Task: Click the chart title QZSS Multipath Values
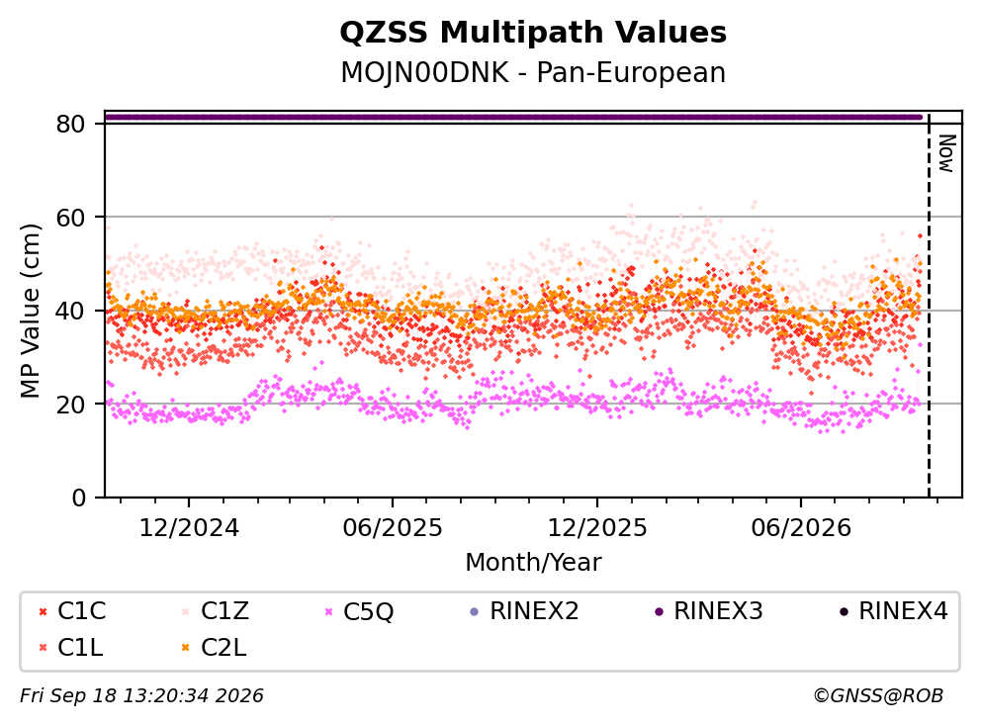click(x=533, y=33)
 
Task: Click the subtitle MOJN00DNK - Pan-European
click(x=533, y=72)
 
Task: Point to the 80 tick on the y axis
click(x=70, y=124)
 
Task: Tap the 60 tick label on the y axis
click(x=70, y=218)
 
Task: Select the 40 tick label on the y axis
click(x=70, y=311)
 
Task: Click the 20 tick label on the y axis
click(x=70, y=405)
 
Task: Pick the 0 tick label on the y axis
click(x=79, y=498)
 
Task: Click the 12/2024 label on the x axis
click(x=189, y=528)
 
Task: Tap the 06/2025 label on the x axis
click(x=393, y=528)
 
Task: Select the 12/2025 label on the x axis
click(x=597, y=528)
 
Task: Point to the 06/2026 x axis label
click(x=801, y=528)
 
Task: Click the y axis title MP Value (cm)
click(x=30, y=311)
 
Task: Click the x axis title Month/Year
click(x=533, y=562)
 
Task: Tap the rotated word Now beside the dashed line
click(x=946, y=154)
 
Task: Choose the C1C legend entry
click(x=72, y=611)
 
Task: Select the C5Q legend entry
click(x=359, y=611)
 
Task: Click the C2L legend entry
click(x=214, y=648)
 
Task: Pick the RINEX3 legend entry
click(x=709, y=611)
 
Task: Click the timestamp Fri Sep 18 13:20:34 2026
click(x=142, y=695)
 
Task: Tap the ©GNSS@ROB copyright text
click(x=878, y=695)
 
